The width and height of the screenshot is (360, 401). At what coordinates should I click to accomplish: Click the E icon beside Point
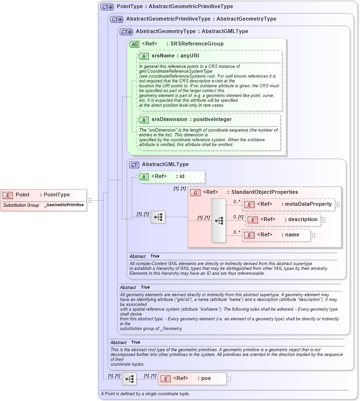click(8, 195)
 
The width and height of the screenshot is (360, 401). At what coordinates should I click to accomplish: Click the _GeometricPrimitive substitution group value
click(64, 205)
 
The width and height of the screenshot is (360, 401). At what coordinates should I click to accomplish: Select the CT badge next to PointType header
click(106, 7)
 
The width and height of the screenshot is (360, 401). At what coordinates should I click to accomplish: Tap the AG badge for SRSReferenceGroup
click(135, 44)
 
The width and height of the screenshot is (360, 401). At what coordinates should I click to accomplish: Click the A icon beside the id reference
click(144, 177)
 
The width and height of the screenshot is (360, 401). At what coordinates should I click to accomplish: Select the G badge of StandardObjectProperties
click(195, 192)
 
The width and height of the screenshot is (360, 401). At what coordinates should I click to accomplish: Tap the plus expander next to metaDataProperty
click(337, 205)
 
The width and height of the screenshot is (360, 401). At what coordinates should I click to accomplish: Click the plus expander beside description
click(323, 220)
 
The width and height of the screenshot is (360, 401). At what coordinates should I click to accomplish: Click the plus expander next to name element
click(313, 235)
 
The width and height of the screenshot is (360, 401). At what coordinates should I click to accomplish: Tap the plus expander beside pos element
click(228, 379)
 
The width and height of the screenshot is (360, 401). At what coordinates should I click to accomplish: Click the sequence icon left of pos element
click(129, 379)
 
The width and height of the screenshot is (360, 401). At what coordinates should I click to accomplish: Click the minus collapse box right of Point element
click(89, 200)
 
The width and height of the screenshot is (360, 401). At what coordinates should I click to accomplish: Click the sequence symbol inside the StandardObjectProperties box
click(219, 221)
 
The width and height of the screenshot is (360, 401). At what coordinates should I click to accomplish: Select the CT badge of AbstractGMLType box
click(135, 165)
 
